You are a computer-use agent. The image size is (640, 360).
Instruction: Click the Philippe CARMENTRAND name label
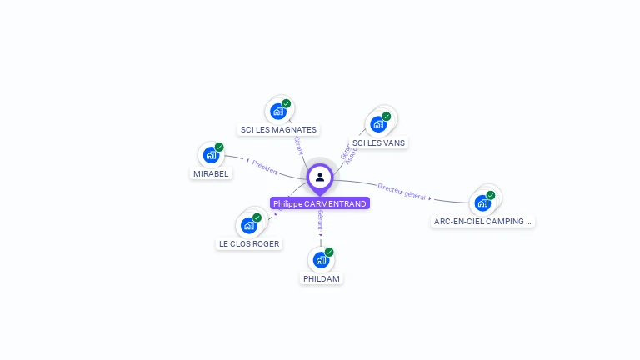pyautogui.click(x=320, y=203)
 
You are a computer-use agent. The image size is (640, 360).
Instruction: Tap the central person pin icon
pyautogui.click(x=320, y=177)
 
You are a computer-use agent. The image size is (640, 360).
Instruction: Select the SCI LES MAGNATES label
pyautogui.click(x=278, y=129)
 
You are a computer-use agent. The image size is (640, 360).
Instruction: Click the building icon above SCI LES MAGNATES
pyautogui.click(x=278, y=112)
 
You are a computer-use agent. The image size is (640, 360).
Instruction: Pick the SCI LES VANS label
pyautogui.click(x=378, y=142)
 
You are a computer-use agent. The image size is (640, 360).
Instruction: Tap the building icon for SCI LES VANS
pyautogui.click(x=378, y=124)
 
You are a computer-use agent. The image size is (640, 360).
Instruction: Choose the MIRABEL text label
pyautogui.click(x=211, y=173)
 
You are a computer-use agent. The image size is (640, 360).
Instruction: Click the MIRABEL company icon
pyautogui.click(x=211, y=155)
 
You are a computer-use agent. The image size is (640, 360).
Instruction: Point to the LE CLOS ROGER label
pyautogui.click(x=249, y=243)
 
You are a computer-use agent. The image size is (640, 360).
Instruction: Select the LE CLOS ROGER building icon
pyautogui.click(x=248, y=225)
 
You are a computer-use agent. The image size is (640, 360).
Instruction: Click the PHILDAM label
pyautogui.click(x=322, y=278)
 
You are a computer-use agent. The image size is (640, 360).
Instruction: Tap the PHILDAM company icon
pyautogui.click(x=321, y=259)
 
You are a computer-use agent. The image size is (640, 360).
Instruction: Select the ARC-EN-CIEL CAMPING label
pyautogui.click(x=483, y=221)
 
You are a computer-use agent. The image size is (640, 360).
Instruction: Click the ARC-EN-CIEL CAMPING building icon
pyautogui.click(x=482, y=202)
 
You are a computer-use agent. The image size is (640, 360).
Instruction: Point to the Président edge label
pyautogui.click(x=264, y=167)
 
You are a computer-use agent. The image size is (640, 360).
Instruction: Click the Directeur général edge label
pyautogui.click(x=402, y=192)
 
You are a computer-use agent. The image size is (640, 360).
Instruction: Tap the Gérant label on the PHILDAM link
pyautogui.click(x=320, y=221)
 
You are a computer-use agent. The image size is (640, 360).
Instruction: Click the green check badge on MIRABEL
pyautogui.click(x=219, y=147)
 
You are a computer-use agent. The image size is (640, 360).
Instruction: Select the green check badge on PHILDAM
pyautogui.click(x=329, y=252)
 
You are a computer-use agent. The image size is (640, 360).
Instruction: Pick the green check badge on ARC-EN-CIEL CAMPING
pyautogui.click(x=491, y=195)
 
